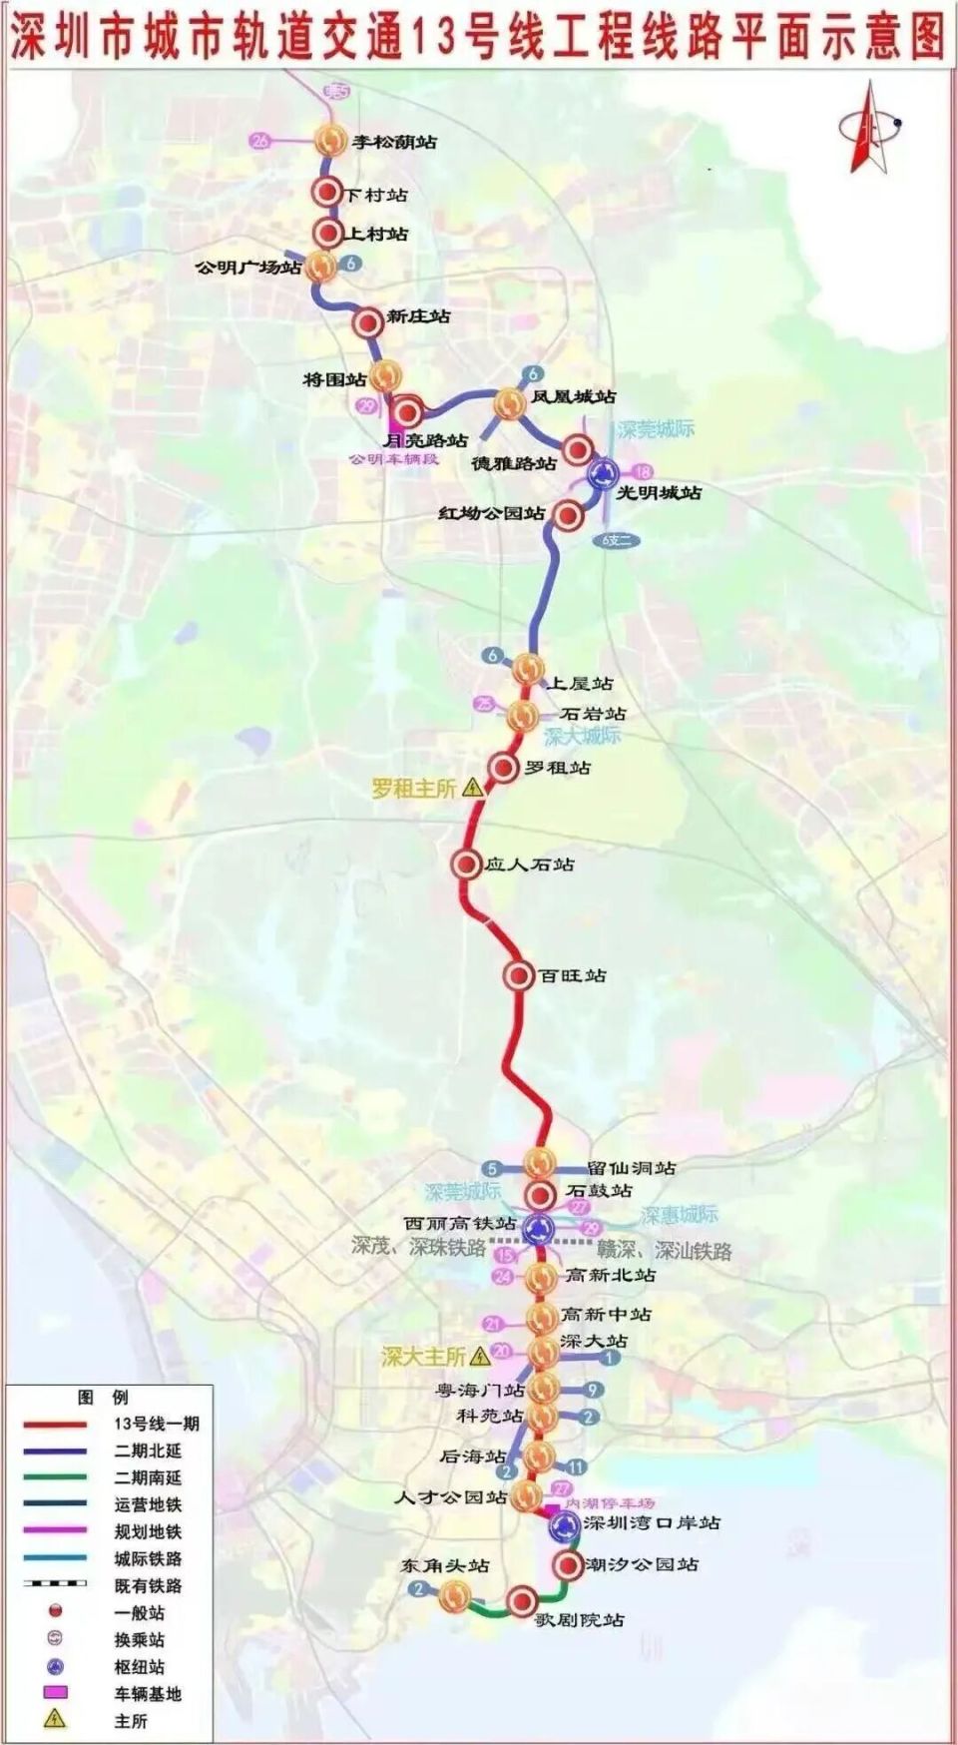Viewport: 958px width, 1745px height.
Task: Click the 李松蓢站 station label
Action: (394, 142)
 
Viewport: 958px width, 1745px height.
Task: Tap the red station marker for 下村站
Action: (326, 194)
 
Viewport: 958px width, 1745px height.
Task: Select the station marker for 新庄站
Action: (368, 321)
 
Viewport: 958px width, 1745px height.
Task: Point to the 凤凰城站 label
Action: (573, 396)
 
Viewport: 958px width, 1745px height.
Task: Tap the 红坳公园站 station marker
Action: (568, 515)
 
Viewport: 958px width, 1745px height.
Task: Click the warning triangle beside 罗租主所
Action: (473, 788)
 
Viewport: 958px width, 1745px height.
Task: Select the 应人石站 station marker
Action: (465, 864)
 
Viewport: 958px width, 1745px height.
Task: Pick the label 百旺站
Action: (573, 975)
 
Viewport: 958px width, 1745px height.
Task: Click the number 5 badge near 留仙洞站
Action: (492, 1168)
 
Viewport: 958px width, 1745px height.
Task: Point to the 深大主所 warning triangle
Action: (480, 1356)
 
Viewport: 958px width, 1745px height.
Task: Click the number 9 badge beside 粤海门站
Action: (593, 1389)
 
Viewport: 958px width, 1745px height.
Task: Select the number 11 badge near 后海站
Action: (576, 1466)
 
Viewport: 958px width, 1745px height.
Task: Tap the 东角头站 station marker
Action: (455, 1596)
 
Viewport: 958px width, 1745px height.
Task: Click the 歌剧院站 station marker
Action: (521, 1601)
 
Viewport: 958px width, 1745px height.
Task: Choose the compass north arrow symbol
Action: (868, 128)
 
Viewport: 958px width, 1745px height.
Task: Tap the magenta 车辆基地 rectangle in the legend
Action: (55, 1693)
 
